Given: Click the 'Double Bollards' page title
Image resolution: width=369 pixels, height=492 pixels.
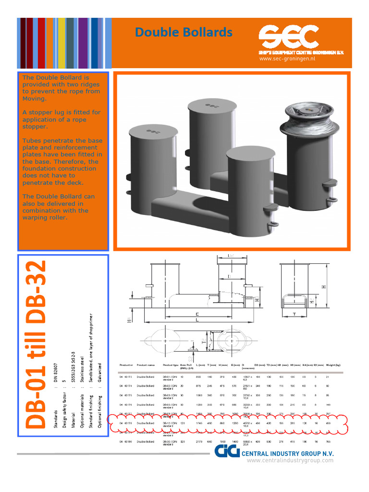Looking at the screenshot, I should click(184, 32).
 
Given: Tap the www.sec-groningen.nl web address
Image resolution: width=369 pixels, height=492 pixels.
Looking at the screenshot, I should click(287, 59).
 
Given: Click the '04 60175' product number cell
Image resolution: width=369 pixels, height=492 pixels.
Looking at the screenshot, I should click(125, 396).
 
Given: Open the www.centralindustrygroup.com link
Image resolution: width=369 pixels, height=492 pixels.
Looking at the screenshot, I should click(290, 461).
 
